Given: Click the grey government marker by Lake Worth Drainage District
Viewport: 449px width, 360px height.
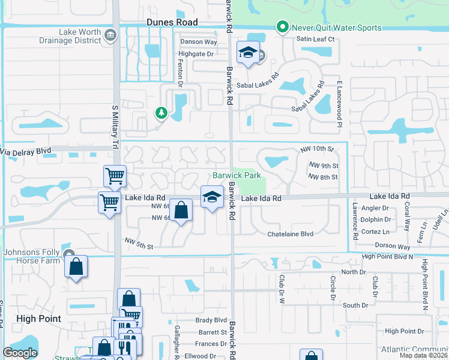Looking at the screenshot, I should (110, 35).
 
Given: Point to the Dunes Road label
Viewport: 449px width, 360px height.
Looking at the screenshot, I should (172, 22).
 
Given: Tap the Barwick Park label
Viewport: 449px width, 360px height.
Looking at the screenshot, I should (237, 175).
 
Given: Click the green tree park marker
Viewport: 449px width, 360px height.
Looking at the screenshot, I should (161, 112).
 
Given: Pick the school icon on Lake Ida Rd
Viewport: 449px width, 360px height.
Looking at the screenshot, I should (211, 197).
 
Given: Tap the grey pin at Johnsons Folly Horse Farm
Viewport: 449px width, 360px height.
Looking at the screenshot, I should (69, 255).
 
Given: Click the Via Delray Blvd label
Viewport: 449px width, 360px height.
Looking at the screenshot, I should (26, 152).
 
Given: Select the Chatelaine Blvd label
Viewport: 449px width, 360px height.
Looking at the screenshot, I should (291, 233).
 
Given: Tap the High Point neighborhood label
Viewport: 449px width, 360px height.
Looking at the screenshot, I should (38, 319).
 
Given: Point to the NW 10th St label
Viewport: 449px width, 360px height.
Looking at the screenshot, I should (317, 148).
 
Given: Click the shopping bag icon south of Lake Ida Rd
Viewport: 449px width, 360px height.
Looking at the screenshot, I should (181, 211).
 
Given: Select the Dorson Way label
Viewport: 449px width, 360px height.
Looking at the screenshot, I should (392, 247).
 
